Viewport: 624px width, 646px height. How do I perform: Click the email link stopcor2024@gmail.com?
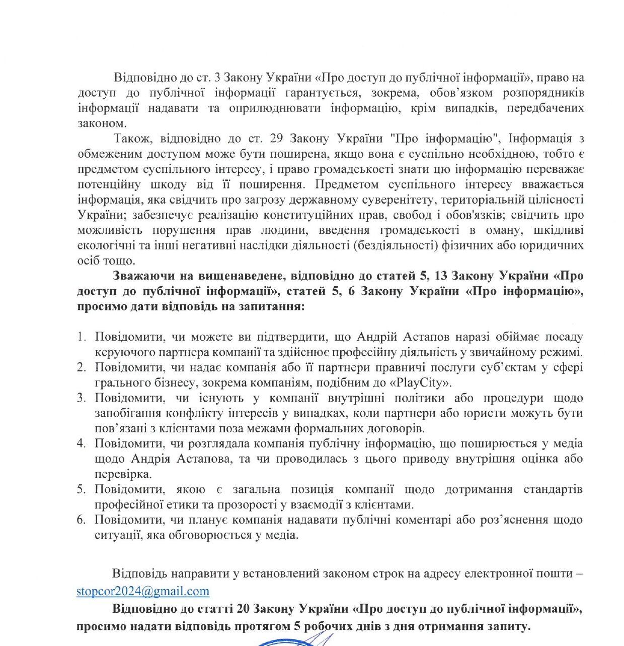[x=143, y=591]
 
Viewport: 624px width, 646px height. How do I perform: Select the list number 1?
[x=82, y=337]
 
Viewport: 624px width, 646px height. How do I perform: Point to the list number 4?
[x=82, y=443]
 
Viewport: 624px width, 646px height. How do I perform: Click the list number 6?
[x=82, y=520]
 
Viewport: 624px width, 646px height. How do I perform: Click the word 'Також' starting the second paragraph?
[x=129, y=139]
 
